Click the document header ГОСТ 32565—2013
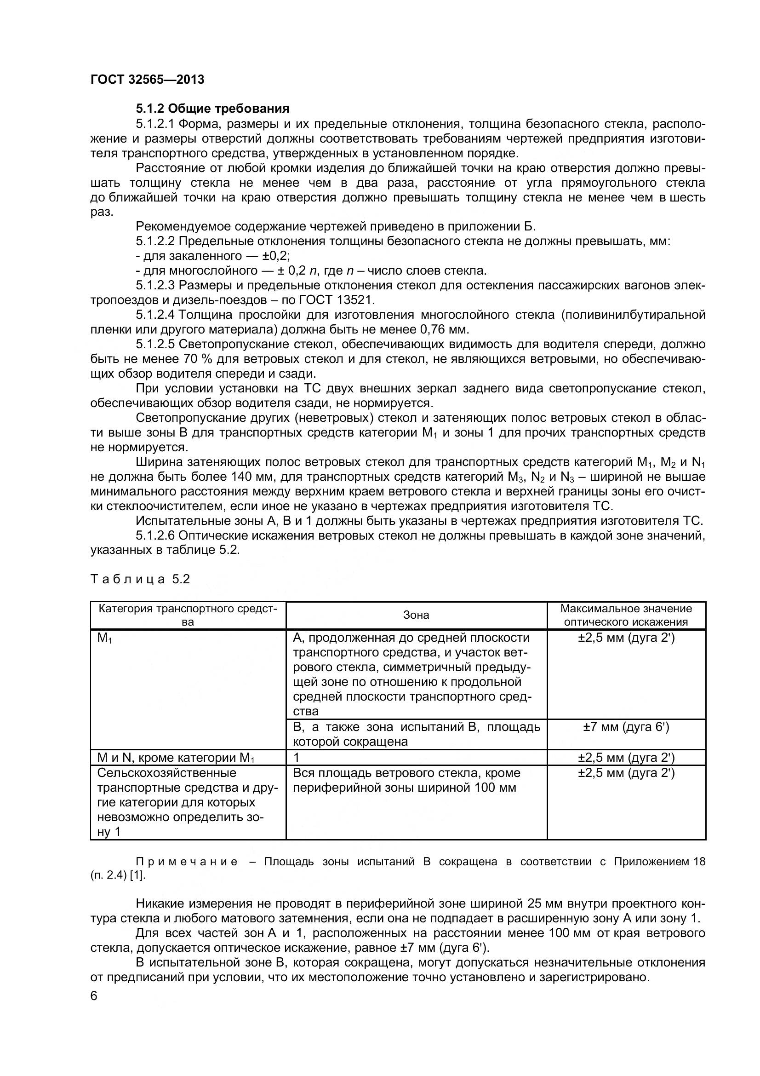pos(148,80)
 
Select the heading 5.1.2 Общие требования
pos(212,109)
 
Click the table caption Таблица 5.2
pos(140,579)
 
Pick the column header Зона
pos(416,615)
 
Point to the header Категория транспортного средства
pos(188,615)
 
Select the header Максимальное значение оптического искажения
pos(626,615)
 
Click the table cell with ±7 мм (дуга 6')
pos(626,727)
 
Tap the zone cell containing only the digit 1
pos(297,757)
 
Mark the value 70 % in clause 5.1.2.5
pos(192,359)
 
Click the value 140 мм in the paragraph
pos(253,477)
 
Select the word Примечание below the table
pos(186,861)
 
